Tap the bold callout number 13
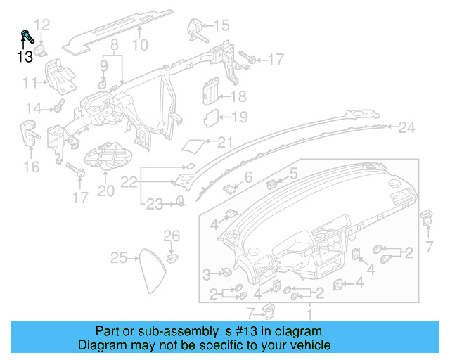tap(25, 57)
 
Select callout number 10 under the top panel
tap(141, 46)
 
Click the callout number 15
tap(221, 26)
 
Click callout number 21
tap(224, 143)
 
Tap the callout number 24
tap(407, 128)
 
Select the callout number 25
tap(120, 258)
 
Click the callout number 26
tap(172, 235)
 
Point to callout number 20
tap(105, 191)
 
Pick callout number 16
tap(32, 167)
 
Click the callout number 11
tap(30, 84)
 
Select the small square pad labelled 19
tap(210, 117)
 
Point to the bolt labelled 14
tap(58, 108)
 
